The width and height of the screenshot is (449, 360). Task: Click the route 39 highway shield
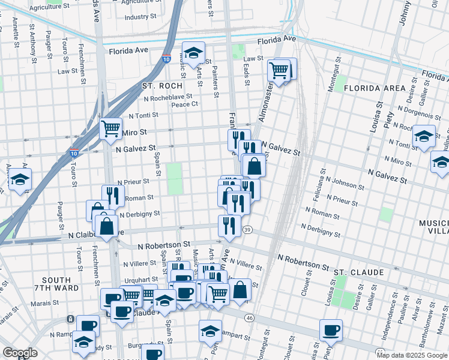tap(247, 230)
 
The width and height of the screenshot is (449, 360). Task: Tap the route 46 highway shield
tap(250, 317)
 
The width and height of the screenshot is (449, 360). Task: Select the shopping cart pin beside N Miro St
tap(111, 128)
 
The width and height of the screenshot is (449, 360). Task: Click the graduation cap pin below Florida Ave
tap(193, 54)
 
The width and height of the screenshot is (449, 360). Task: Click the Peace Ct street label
tap(184, 104)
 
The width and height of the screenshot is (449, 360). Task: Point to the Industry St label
tap(140, 17)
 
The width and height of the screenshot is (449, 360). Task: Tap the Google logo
tap(20, 353)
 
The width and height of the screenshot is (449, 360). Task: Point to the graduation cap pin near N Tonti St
tap(424, 136)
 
